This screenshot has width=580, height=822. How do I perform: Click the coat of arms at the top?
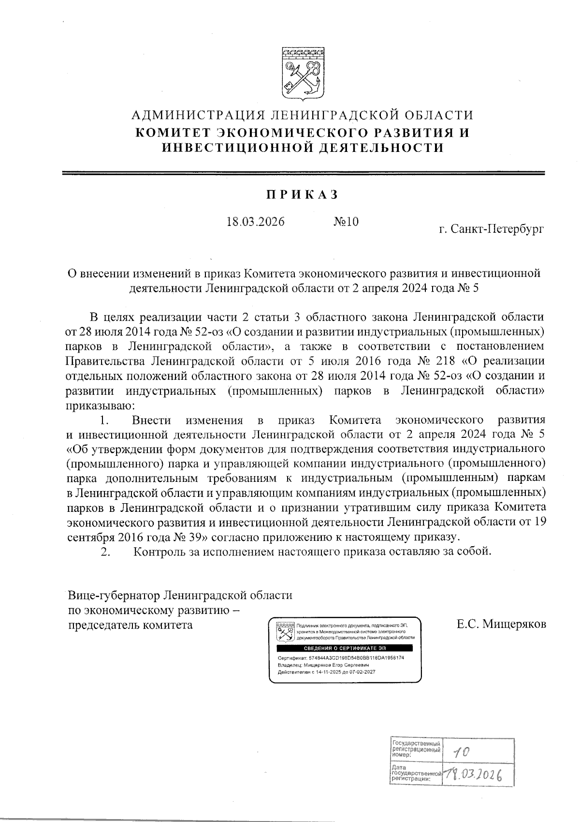pyautogui.click(x=303, y=74)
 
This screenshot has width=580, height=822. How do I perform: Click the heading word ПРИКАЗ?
pyautogui.click(x=303, y=195)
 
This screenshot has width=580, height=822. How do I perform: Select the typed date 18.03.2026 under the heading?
pyautogui.click(x=256, y=222)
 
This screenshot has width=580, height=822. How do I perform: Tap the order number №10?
pyautogui.click(x=346, y=222)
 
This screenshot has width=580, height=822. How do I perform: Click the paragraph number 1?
pyautogui.click(x=103, y=419)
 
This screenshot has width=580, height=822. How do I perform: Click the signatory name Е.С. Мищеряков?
pyautogui.click(x=502, y=624)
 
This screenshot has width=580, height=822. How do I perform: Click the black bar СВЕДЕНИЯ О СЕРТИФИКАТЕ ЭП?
pyautogui.click(x=345, y=648)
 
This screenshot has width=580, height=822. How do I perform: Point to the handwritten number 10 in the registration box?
pyautogui.click(x=461, y=751)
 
